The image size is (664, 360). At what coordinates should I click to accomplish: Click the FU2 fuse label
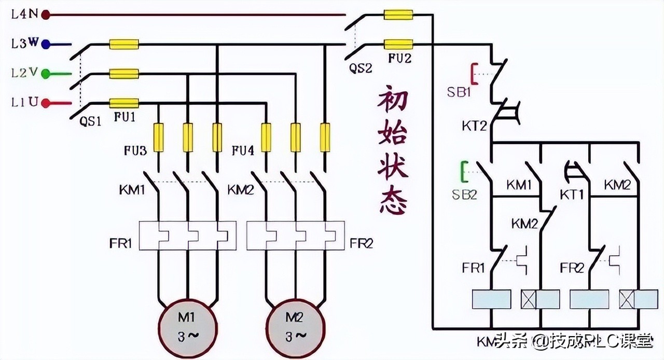coord(399,59)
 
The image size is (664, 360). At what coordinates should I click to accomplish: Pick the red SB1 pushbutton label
coord(459,92)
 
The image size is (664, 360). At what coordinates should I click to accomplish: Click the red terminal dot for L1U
coord(46,103)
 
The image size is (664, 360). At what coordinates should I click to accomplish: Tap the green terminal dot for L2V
coord(46,74)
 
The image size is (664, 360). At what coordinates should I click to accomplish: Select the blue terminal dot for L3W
coord(46,44)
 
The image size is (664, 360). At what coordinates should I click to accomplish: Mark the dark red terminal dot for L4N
coord(46,15)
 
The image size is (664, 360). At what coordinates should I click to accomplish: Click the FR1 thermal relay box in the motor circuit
coord(187,236)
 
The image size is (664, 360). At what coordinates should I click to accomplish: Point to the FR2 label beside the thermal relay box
coord(361,242)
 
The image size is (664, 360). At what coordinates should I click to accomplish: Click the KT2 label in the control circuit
coord(474,126)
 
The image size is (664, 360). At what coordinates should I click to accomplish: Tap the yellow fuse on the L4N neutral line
coord(398,15)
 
